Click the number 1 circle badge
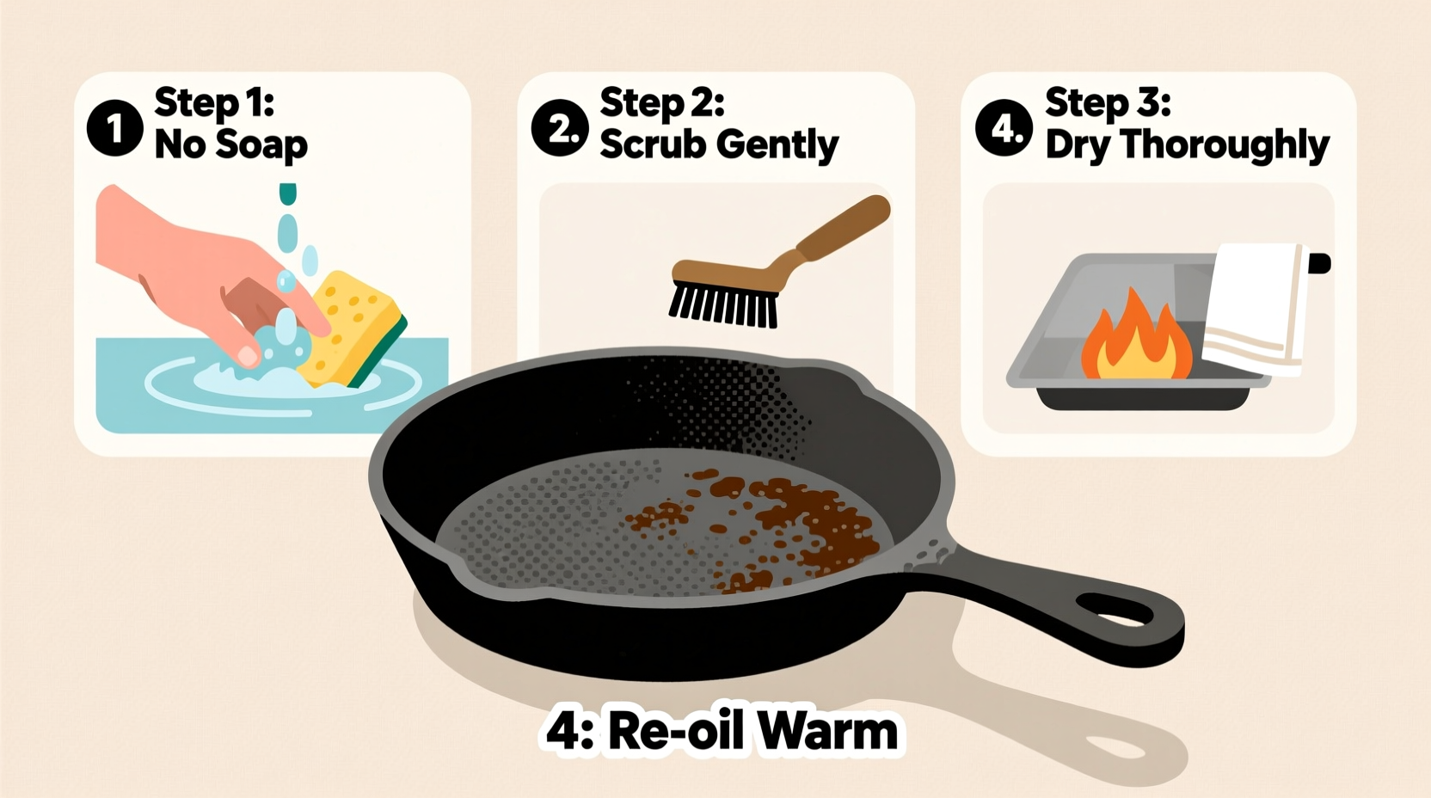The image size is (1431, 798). click(x=114, y=128)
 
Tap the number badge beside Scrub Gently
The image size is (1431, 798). click(x=560, y=128)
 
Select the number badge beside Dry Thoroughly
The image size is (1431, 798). click(x=1004, y=128)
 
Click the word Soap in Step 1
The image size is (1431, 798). click(x=261, y=144)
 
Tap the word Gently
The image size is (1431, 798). click(x=778, y=144)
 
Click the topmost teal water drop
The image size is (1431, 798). click(x=288, y=193)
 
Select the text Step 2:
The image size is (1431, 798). click(x=661, y=102)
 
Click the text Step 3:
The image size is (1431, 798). click(x=1107, y=102)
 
